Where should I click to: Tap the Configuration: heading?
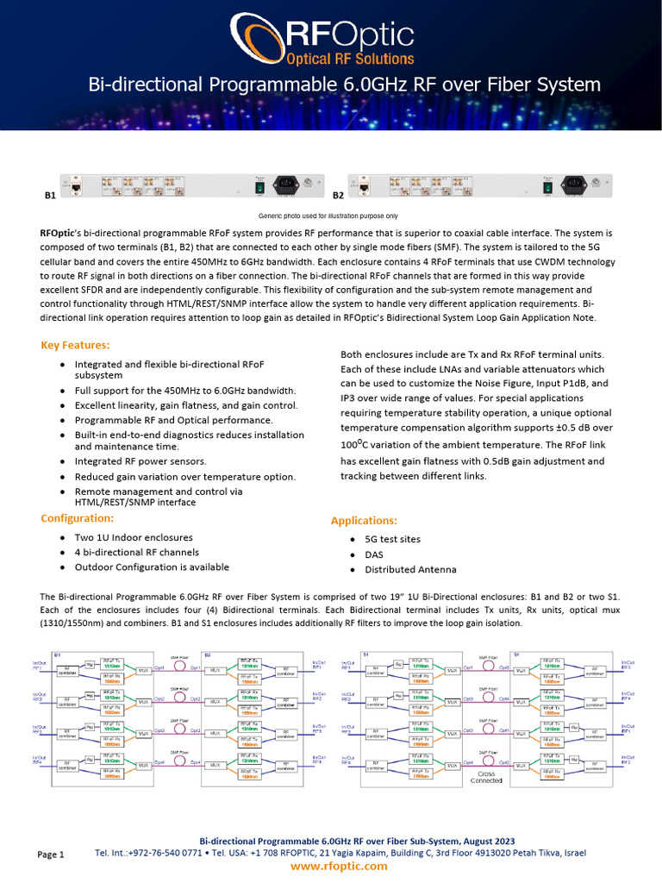click(78, 518)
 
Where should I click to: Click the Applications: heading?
click(365, 521)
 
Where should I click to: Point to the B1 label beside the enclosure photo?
click(50, 196)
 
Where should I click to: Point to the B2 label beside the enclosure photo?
click(338, 196)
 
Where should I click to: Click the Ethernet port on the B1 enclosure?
click(77, 185)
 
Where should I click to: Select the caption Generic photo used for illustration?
click(328, 216)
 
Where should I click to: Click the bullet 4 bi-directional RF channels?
click(137, 552)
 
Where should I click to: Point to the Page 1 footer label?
click(51, 855)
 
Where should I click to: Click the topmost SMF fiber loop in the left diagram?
click(180, 667)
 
